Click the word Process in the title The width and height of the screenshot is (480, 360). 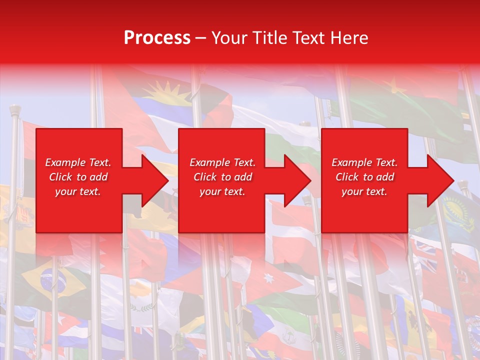(157, 38)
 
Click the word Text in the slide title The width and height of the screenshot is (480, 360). (308, 38)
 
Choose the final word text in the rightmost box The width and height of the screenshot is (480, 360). (376, 191)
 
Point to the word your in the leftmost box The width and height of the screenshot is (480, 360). (66, 191)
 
